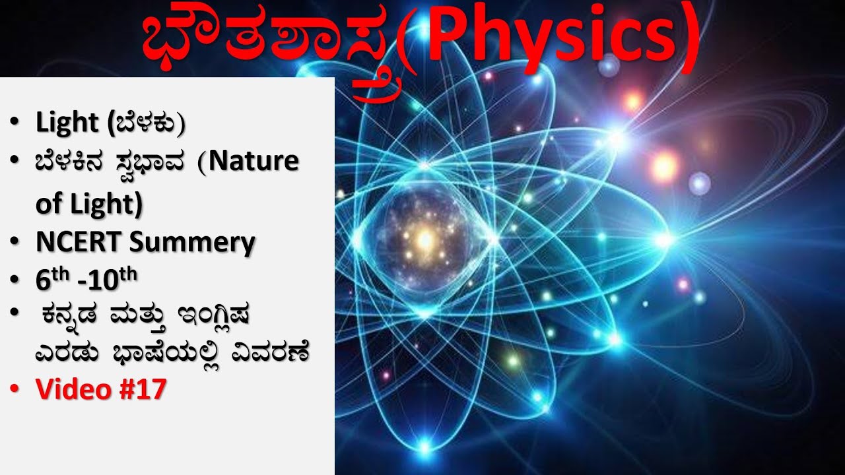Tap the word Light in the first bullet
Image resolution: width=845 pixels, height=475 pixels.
pos(67,122)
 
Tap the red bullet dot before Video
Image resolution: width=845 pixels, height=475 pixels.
pos(15,391)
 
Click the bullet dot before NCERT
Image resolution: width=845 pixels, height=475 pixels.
pos(15,244)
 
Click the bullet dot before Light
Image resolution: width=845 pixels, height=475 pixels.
pos(15,123)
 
